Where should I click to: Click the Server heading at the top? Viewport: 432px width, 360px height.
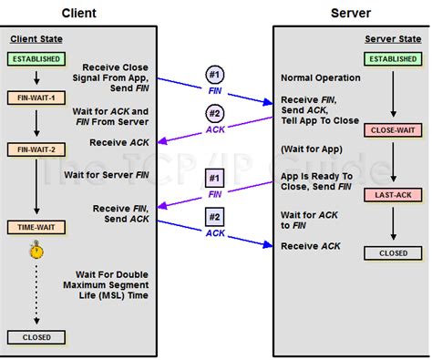(351, 13)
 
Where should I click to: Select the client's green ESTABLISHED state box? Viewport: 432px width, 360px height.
(36, 59)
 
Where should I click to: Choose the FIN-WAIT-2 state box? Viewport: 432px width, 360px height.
(36, 149)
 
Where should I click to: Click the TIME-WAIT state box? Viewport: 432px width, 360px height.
(36, 226)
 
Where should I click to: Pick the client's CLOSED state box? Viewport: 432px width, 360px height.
(36, 337)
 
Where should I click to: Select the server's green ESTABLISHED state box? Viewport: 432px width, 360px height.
(392, 59)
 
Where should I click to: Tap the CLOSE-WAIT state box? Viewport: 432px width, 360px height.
(392, 130)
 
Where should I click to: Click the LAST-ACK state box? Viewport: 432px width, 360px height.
(392, 195)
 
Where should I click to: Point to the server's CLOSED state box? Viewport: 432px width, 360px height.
(392, 253)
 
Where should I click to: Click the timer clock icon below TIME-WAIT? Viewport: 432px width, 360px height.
(36, 250)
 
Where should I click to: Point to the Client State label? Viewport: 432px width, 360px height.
(36, 38)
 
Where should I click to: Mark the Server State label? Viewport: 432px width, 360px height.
(392, 38)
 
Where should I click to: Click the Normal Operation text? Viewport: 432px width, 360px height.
(320, 78)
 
